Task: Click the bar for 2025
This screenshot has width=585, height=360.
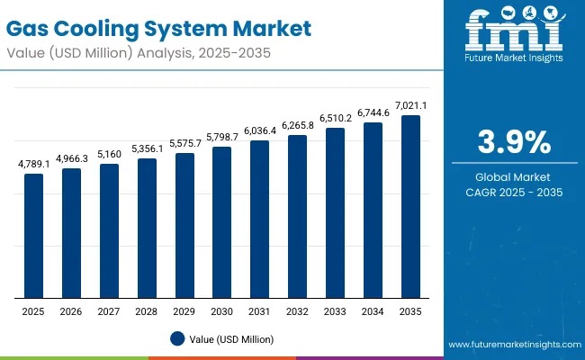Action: click(33, 236)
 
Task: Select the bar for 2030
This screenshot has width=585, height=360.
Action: click(221, 222)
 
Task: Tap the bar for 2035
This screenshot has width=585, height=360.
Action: click(410, 207)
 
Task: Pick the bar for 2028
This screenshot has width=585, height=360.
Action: click(147, 229)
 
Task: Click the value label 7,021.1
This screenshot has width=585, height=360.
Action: click(410, 106)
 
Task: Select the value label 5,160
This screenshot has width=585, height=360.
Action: click(109, 155)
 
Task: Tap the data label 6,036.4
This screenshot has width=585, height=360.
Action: click(259, 131)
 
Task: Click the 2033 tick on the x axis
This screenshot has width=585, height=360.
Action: click(335, 310)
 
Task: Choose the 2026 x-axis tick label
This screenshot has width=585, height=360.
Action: click(71, 310)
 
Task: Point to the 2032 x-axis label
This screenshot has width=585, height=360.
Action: click(297, 310)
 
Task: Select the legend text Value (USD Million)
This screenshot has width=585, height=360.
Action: click(231, 338)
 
